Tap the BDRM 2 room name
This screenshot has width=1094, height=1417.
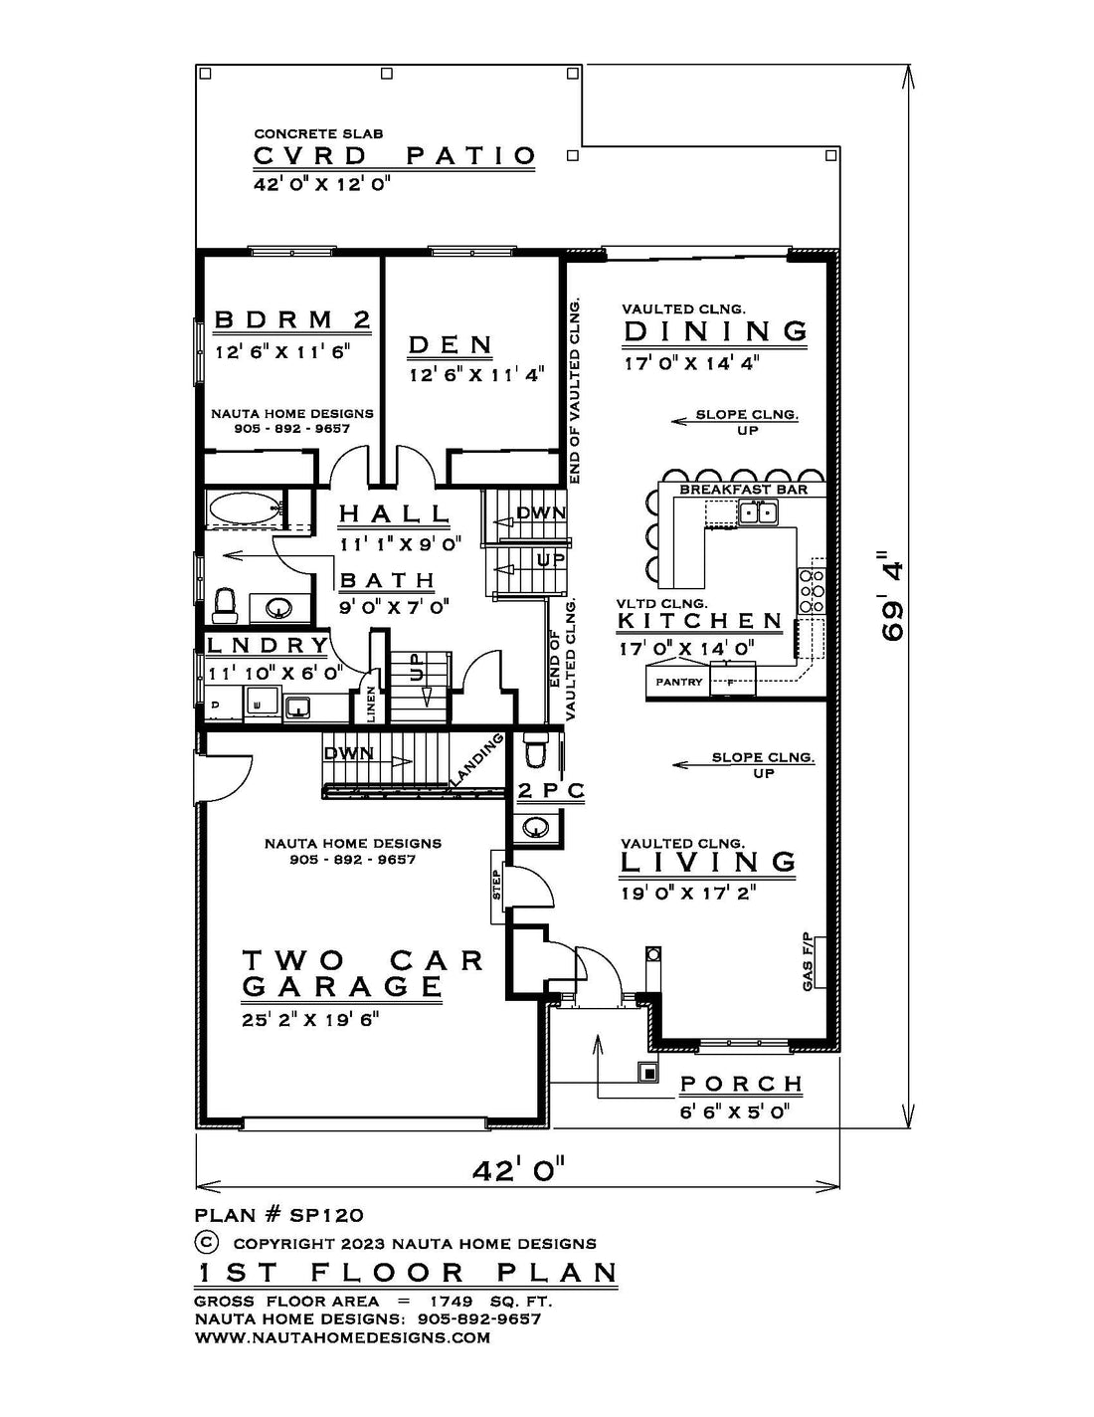292,319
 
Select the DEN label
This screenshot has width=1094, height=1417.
450,344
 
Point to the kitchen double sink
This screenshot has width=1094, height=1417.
758,512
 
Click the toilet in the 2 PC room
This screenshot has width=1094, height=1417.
537,750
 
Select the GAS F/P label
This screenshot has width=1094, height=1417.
808,962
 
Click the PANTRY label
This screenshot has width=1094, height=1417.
679,682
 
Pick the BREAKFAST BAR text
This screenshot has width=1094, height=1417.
744,489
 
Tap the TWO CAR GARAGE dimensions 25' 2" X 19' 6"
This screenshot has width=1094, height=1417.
310,1019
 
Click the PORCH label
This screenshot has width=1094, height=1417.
741,1084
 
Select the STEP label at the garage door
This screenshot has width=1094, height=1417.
497,885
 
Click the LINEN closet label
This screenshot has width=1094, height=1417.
371,704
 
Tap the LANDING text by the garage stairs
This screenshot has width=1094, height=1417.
477,758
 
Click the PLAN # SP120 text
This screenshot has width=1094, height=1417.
278,1215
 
